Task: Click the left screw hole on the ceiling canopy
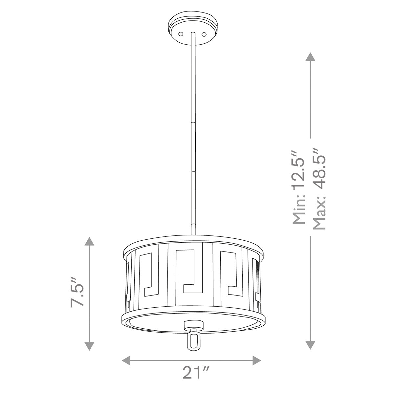pyautogui.click(x=181, y=34)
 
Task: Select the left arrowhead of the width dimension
pyautogui.click(x=126, y=361)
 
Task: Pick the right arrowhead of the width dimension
pyautogui.click(x=257, y=361)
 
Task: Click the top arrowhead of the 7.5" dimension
pyautogui.click(x=89, y=241)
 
